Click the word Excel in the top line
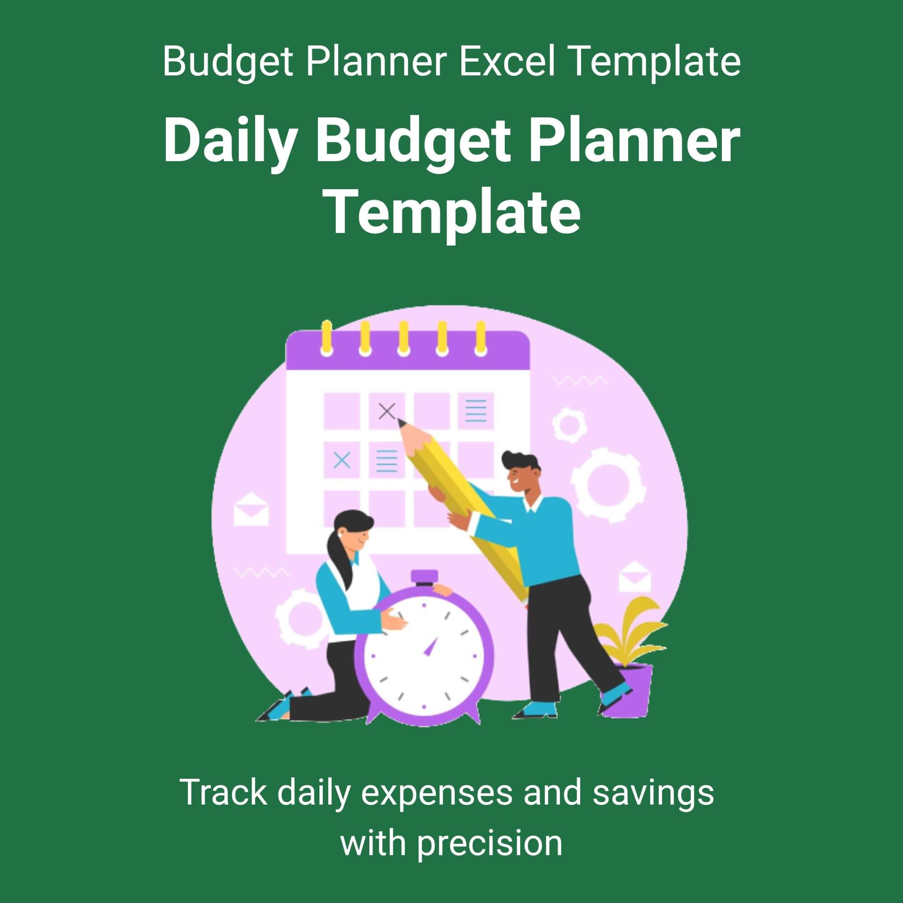click(x=507, y=61)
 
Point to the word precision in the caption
click(x=489, y=844)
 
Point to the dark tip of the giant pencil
click(x=401, y=423)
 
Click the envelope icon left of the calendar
click(x=251, y=509)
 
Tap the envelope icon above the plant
click(x=635, y=578)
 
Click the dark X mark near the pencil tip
click(x=386, y=411)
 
